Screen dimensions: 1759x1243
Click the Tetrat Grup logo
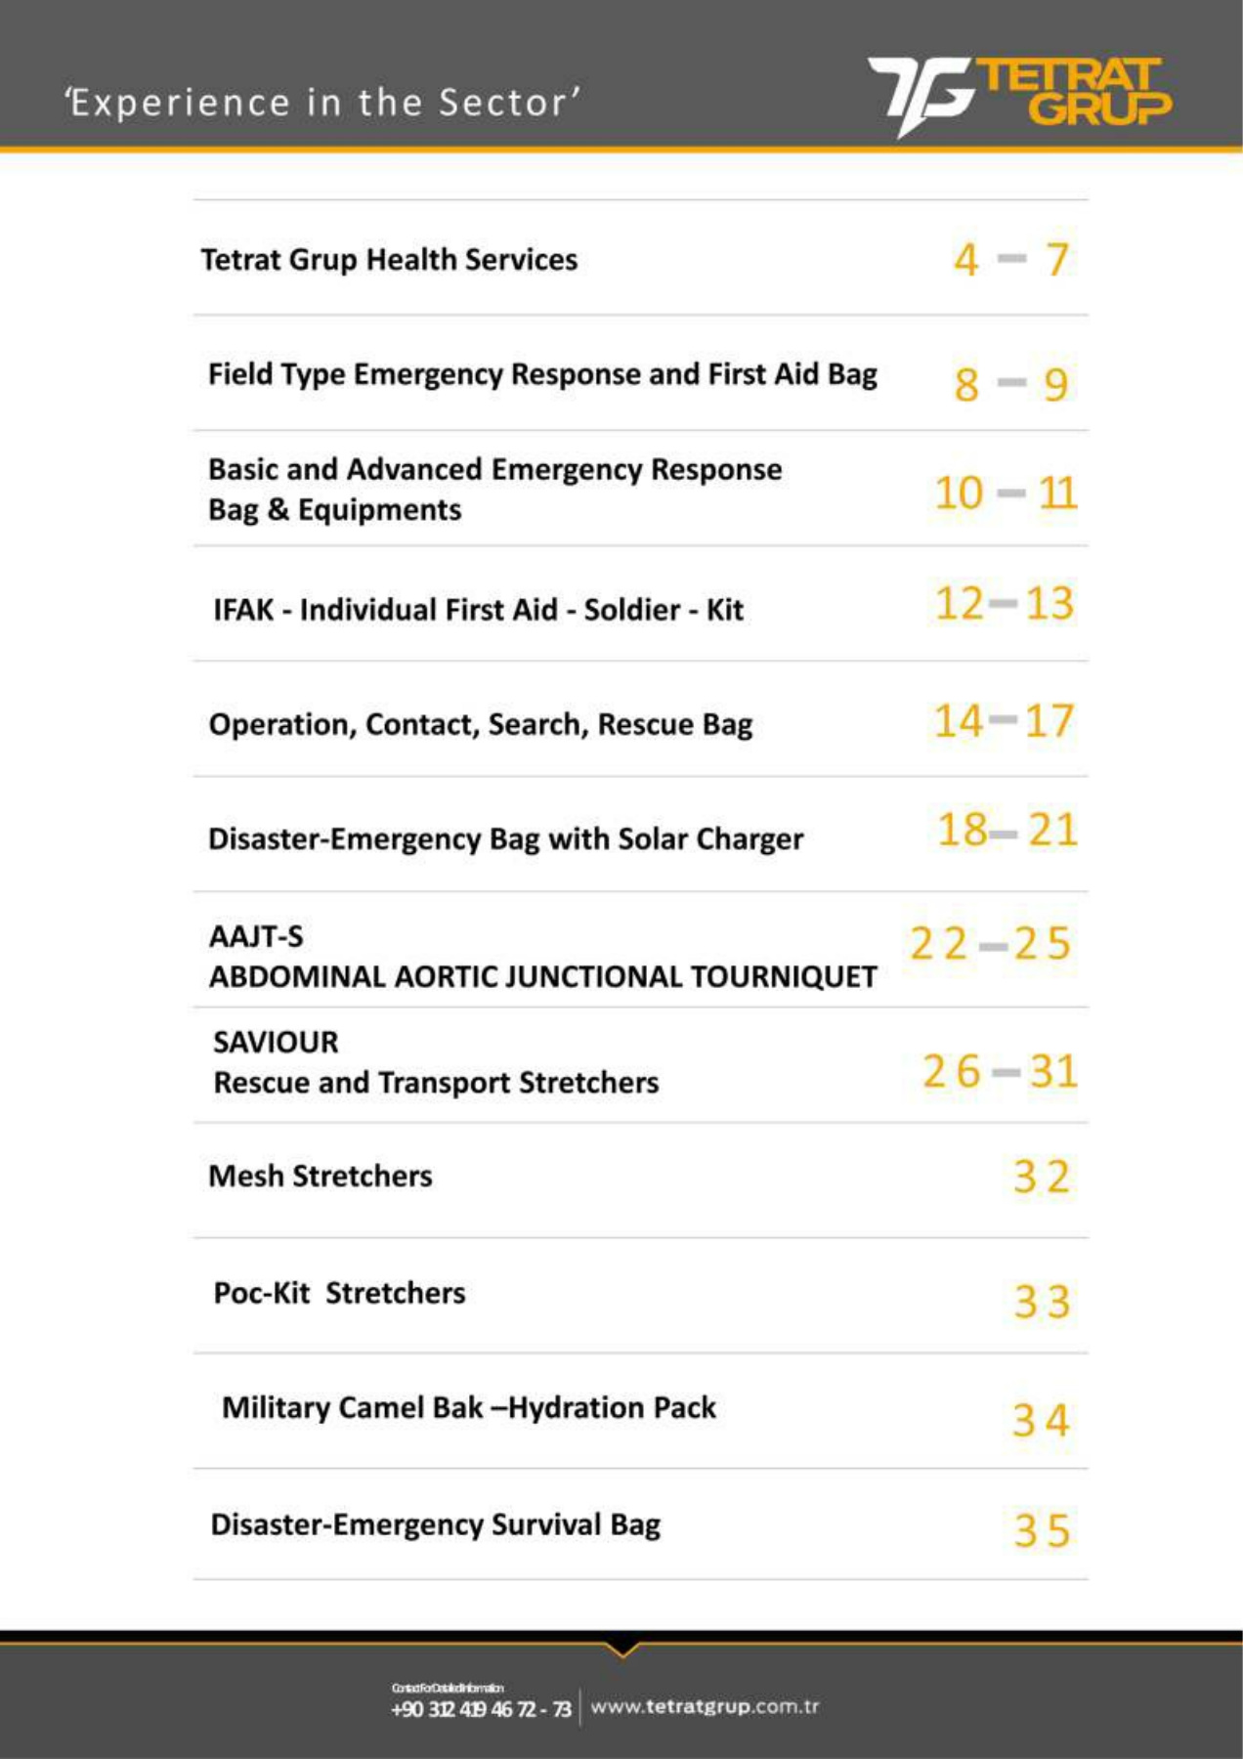coord(1019,95)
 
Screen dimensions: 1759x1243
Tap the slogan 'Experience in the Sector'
coord(322,103)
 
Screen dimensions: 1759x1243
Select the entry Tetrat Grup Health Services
coord(389,260)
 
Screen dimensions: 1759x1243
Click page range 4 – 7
coord(1010,260)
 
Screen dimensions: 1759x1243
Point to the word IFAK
coord(243,610)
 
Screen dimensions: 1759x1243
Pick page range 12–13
coord(1005,603)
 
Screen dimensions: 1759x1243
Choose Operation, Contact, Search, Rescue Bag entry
coord(480,724)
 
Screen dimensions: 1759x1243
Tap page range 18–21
coord(1007,830)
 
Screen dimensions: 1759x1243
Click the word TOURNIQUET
coord(783,976)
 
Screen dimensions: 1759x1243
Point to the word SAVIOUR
coord(276,1042)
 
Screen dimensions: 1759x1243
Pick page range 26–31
coord(1000,1071)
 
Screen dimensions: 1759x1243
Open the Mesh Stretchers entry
coord(320,1176)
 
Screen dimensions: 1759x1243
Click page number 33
coord(1042,1302)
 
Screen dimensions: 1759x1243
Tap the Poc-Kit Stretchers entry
coord(339,1293)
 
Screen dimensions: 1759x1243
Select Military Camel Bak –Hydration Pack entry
coord(468,1407)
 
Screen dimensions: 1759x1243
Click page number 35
coord(1042,1530)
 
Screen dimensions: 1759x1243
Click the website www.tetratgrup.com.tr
coord(705,1707)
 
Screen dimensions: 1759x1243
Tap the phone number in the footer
coord(481,1709)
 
